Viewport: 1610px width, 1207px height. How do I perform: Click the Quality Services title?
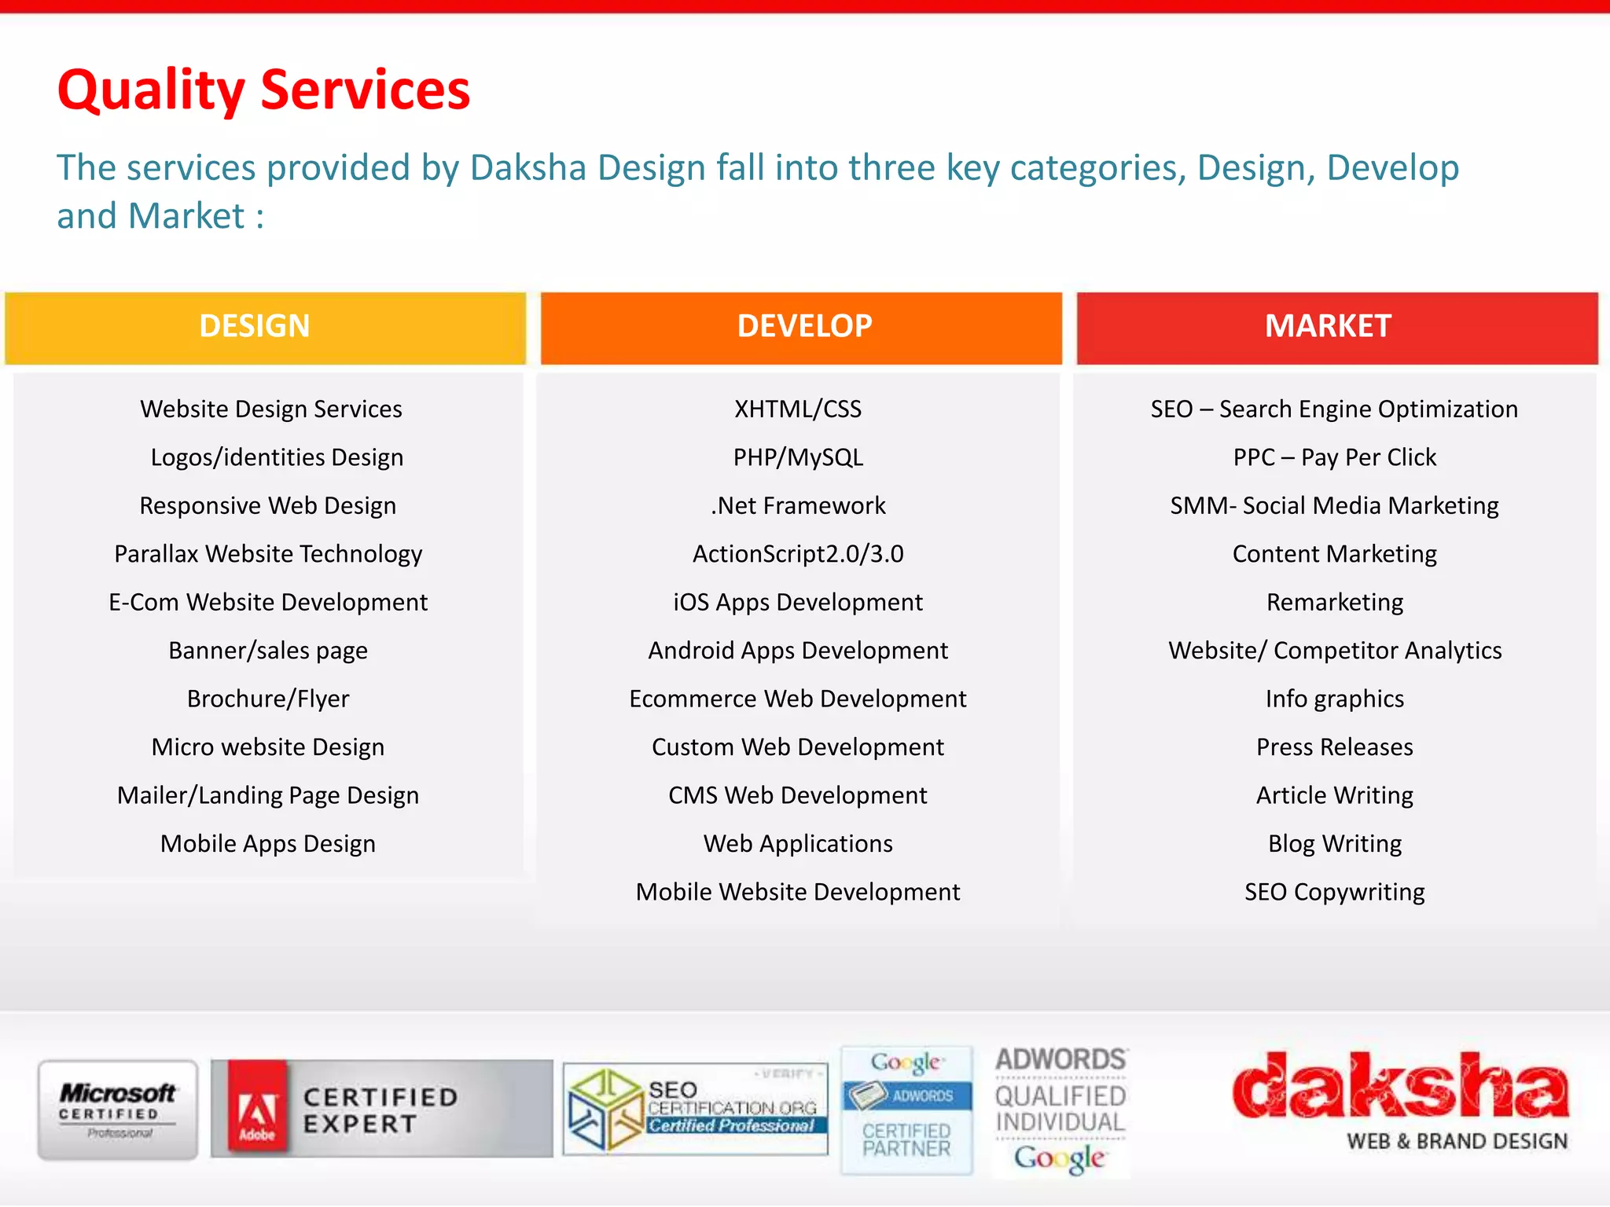263,90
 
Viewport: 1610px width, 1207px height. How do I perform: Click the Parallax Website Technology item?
268,555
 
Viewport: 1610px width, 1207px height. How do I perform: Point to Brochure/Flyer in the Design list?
268,699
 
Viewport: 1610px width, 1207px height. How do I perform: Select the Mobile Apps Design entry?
268,844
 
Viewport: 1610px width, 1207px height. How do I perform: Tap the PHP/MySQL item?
798,458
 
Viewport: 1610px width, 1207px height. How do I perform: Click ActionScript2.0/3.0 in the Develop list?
798,555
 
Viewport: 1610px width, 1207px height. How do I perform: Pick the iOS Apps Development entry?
798,603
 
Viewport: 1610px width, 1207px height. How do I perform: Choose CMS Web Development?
798,796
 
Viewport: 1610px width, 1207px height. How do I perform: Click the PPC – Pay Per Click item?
1334,458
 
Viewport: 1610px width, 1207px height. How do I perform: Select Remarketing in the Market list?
1334,603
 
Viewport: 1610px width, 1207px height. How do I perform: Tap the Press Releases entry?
1334,747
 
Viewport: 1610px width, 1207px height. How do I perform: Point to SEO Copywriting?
1334,893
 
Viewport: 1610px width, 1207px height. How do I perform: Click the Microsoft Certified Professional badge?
118,1110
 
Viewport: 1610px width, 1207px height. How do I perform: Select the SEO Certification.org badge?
696,1110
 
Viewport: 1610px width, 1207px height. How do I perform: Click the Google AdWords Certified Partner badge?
906,1110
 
